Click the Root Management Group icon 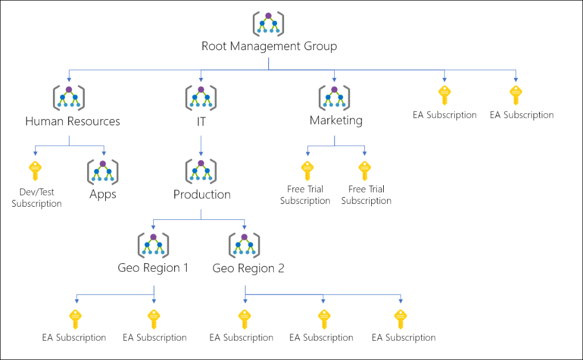click(268, 24)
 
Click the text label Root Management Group click(269, 46)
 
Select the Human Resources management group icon click(69, 98)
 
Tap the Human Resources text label click(72, 121)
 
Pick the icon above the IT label click(200, 98)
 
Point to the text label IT click(200, 121)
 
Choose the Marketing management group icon click(334, 98)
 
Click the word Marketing click(335, 120)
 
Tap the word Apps click(102, 194)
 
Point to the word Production click(202, 194)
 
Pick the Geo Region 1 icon click(153, 245)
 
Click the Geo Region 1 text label click(153, 268)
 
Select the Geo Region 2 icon click(244, 245)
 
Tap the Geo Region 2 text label click(248, 268)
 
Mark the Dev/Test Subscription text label click(36, 198)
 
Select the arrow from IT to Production click(200, 145)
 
